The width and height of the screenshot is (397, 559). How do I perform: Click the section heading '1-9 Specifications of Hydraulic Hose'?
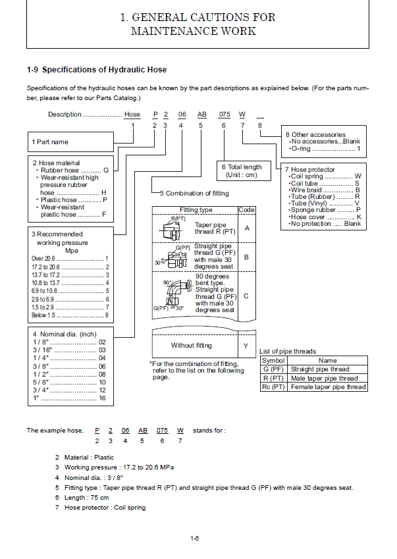tap(97, 70)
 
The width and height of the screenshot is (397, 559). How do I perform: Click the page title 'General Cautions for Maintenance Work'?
tap(198, 24)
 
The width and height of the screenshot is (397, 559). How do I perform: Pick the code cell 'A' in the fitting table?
tap(246, 228)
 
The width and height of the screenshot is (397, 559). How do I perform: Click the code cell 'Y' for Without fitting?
tap(246, 345)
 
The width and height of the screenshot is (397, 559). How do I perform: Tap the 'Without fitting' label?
tap(192, 345)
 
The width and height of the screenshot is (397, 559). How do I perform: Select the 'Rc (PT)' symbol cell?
tap(273, 387)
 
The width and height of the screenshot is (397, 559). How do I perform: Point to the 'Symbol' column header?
tap(273, 361)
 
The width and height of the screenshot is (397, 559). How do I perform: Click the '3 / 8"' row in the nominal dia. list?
tap(69, 366)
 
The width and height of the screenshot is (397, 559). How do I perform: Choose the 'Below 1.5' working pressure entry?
tap(69, 316)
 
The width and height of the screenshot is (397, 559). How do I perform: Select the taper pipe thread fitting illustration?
tap(172, 230)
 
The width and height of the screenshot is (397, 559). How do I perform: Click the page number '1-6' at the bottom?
tap(195, 539)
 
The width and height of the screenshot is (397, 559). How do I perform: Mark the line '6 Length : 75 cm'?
tap(82, 498)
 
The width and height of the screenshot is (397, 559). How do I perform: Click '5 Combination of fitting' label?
tap(194, 194)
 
